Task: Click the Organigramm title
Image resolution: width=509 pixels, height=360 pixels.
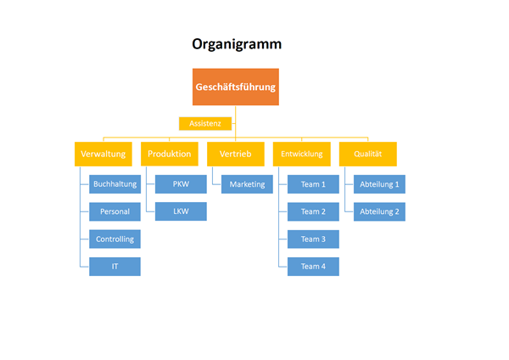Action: pyautogui.click(x=237, y=44)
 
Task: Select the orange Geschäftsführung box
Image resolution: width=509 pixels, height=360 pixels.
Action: pyautogui.click(x=236, y=87)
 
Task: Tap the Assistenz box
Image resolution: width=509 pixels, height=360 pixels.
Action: pyautogui.click(x=205, y=123)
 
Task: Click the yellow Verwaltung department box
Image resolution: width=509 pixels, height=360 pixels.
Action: pyautogui.click(x=103, y=154)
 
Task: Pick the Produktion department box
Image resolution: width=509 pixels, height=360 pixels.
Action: pyautogui.click(x=170, y=154)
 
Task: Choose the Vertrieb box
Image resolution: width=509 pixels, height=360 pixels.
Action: pyautogui.click(x=236, y=154)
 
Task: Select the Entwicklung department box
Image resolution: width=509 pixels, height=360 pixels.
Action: pyautogui.click(x=302, y=154)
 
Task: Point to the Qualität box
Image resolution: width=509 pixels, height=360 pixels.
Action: pyautogui.click(x=367, y=154)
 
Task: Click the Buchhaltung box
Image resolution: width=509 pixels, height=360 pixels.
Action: pyautogui.click(x=115, y=183)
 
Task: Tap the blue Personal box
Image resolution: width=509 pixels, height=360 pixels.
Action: pyautogui.click(x=115, y=211)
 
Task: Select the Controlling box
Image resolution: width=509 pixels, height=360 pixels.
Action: pyautogui.click(x=115, y=239)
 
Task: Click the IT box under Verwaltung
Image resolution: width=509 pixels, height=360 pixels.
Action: pyautogui.click(x=115, y=267)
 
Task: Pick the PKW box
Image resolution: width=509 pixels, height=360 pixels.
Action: pyautogui.click(x=181, y=183)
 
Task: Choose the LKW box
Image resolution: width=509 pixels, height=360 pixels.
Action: pyautogui.click(x=181, y=211)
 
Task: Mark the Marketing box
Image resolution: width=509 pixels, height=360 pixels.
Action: pyautogui.click(x=247, y=183)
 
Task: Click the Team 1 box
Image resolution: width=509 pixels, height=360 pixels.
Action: pyautogui.click(x=313, y=183)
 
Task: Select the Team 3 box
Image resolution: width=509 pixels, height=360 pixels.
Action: pyautogui.click(x=313, y=239)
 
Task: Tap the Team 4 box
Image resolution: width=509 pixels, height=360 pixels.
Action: pyautogui.click(x=313, y=267)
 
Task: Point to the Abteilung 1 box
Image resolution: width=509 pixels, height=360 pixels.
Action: pyautogui.click(x=378, y=183)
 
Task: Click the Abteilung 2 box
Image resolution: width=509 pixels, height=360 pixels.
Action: pyautogui.click(x=378, y=211)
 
